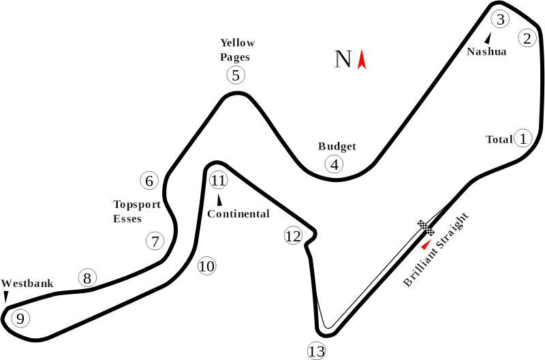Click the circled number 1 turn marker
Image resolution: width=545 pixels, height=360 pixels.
(523, 138)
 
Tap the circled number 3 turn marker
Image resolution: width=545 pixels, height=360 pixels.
(500, 19)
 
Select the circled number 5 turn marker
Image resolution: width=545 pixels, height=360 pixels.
(236, 75)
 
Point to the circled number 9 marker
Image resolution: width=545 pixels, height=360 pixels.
(20, 318)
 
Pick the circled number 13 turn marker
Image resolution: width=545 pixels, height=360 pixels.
(317, 350)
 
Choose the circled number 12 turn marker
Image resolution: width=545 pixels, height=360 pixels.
(293, 236)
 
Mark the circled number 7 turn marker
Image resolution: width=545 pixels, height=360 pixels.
(155, 241)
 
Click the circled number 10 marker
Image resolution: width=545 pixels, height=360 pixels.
(207, 266)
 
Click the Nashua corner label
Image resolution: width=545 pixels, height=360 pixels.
(486, 52)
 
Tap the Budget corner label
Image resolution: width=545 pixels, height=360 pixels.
(337, 147)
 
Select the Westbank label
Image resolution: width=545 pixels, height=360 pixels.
(27, 284)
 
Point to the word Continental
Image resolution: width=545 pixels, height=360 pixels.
(238, 213)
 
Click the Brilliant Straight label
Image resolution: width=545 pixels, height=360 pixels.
(436, 249)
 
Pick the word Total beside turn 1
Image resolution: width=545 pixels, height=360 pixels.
(499, 140)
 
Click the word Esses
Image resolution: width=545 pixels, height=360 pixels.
(127, 219)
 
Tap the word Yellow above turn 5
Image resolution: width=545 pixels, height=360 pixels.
(238, 43)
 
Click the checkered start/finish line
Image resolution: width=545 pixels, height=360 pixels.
(426, 228)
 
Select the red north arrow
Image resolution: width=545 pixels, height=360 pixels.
(362, 59)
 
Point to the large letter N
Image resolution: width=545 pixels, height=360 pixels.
(343, 59)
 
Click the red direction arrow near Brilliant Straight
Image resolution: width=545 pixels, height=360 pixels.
(426, 244)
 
